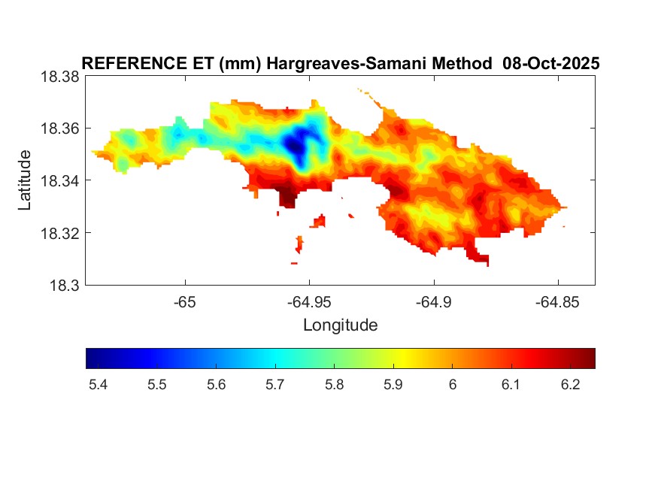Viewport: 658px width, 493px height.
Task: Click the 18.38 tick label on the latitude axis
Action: point(59,77)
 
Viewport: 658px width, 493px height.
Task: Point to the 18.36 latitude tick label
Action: point(59,129)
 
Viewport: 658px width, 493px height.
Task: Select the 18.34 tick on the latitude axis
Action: point(59,180)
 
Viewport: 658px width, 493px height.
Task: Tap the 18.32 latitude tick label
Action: point(59,233)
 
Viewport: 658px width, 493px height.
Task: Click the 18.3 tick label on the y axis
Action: point(63,285)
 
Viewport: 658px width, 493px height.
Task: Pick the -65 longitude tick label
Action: point(185,302)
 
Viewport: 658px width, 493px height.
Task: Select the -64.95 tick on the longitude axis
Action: point(308,302)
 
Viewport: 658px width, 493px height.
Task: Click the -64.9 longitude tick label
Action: point(432,302)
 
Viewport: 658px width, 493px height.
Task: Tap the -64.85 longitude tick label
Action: point(557,302)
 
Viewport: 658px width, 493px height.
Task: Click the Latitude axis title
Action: point(26,180)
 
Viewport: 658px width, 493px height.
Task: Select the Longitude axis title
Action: point(340,325)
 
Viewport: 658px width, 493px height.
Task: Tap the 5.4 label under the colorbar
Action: point(98,386)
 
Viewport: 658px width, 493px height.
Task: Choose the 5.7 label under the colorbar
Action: point(274,386)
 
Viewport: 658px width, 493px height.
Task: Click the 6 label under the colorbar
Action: point(451,386)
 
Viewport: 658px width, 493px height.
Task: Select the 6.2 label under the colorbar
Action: point(570,386)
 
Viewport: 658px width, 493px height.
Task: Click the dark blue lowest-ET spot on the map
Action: point(301,141)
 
